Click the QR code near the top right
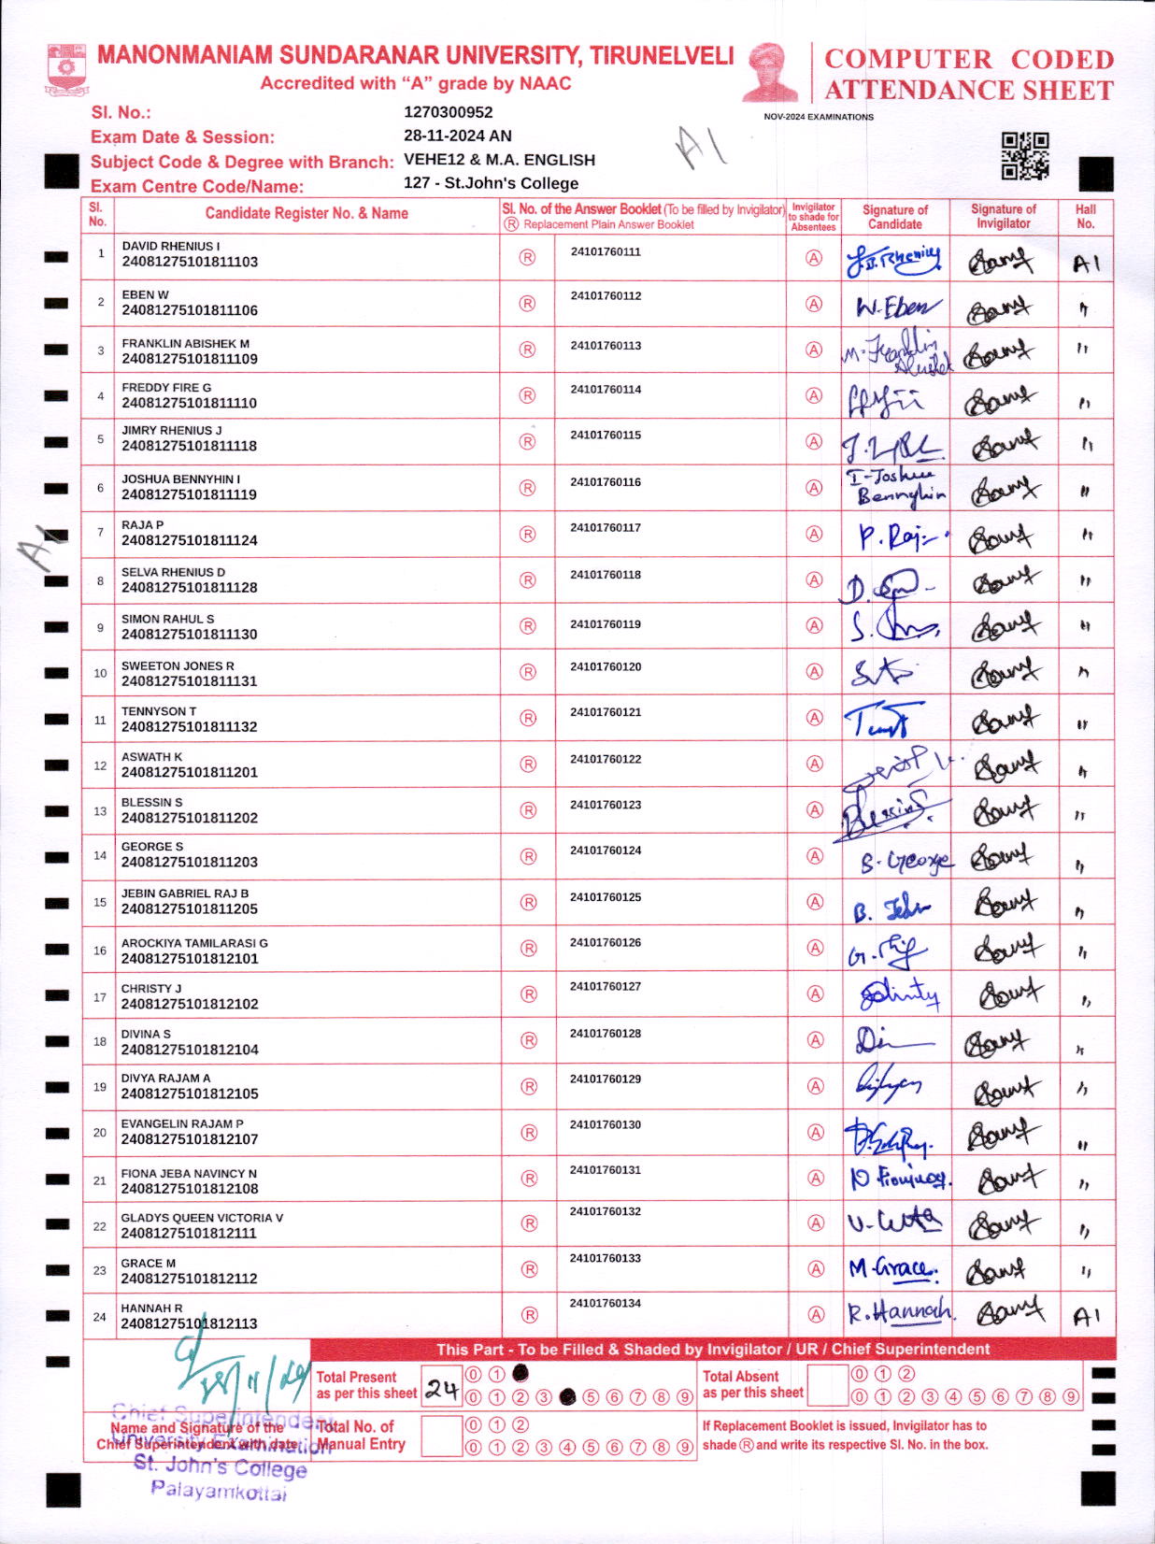click(x=1024, y=155)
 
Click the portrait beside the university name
click(x=772, y=72)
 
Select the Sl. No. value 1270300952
click(x=448, y=112)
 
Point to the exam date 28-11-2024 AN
click(x=457, y=136)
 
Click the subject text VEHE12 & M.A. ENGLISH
click(x=499, y=160)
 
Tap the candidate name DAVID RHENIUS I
click(x=171, y=246)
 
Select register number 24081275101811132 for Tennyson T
click(x=189, y=726)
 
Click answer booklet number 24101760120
click(x=606, y=667)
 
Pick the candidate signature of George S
click(x=904, y=860)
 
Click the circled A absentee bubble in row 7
click(x=814, y=534)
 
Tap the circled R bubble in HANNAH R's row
click(x=529, y=1314)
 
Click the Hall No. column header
click(x=1085, y=216)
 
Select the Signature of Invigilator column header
click(x=1003, y=216)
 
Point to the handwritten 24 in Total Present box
click(x=441, y=1389)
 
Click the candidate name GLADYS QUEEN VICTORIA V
click(x=202, y=1218)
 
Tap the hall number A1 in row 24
click(x=1086, y=1317)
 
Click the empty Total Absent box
click(x=826, y=1385)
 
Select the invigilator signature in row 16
click(x=1005, y=951)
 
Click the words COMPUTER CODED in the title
click(x=968, y=59)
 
